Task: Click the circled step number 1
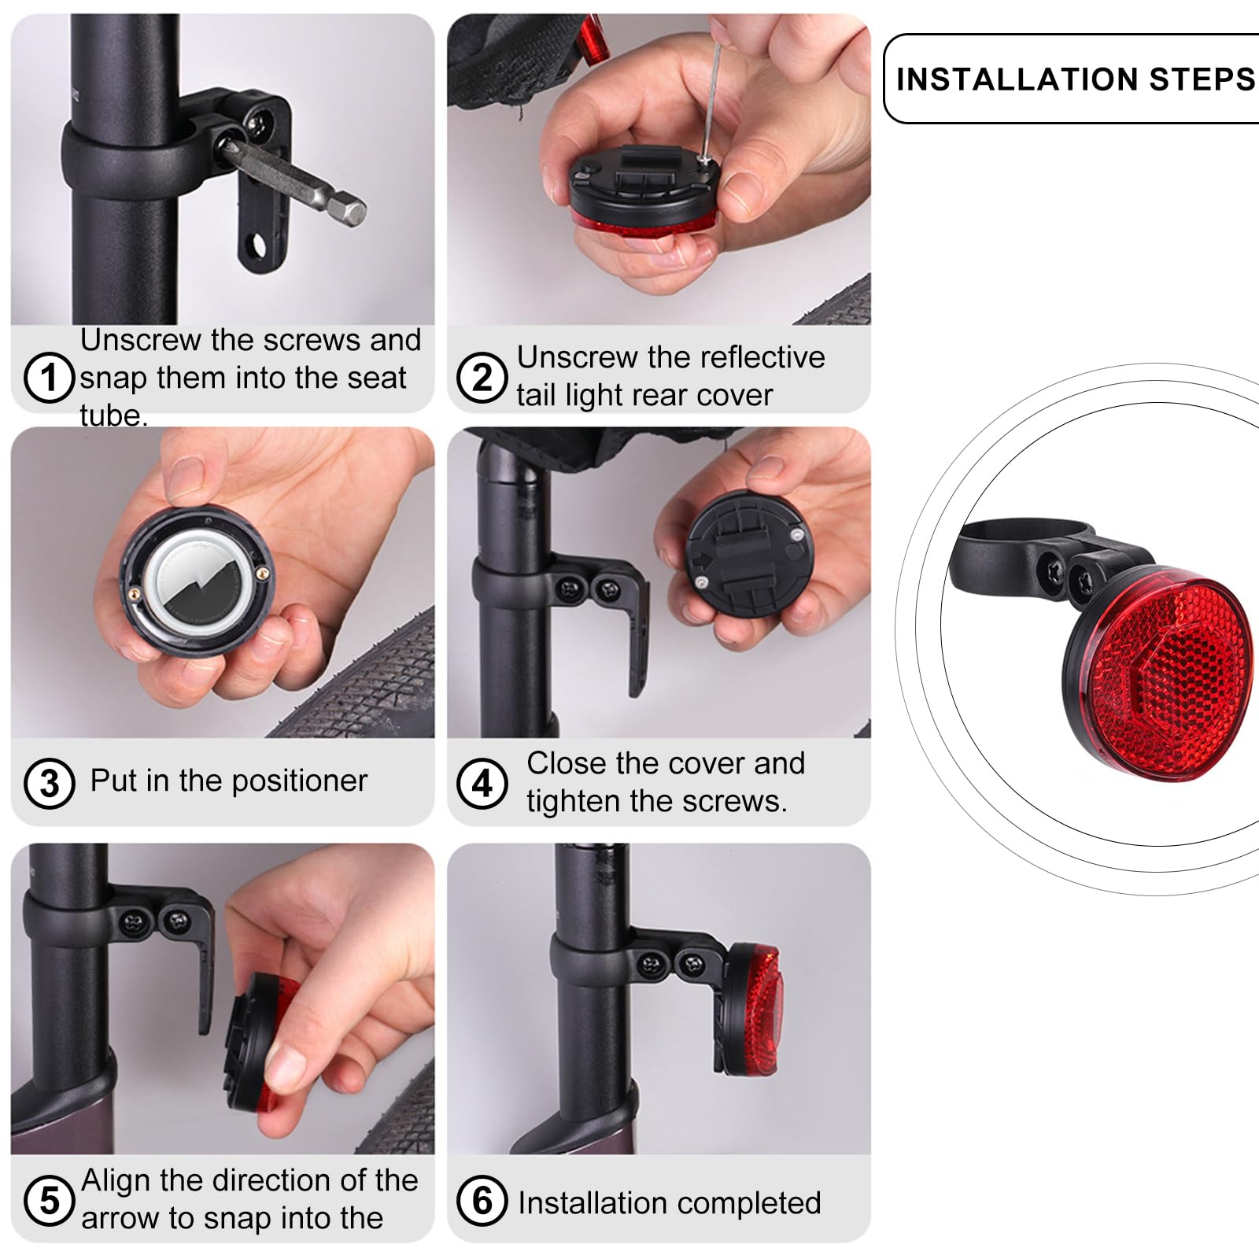[x=49, y=378]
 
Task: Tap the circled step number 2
[x=482, y=378]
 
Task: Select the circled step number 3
[x=49, y=784]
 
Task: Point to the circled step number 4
[x=482, y=784]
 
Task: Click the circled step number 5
[x=49, y=1201]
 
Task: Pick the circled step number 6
[x=482, y=1201]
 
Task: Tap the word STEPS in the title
[x=1202, y=79]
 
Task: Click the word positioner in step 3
[x=299, y=781]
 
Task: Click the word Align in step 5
[x=116, y=1181]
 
